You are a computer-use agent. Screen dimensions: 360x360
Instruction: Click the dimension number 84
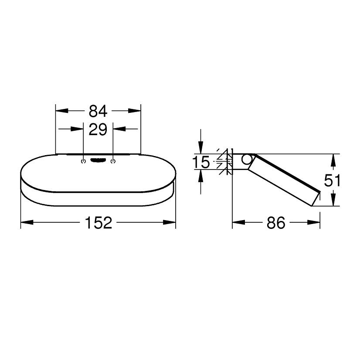98,112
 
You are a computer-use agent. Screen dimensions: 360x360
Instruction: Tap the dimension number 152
98,223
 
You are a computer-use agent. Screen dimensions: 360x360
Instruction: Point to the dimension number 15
201,163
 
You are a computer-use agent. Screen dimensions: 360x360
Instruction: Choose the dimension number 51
333,180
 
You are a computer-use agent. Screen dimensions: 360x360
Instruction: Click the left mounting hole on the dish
83,162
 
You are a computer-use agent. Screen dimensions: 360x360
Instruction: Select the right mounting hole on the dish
113,162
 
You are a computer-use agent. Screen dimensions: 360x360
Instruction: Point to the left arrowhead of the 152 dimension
26,223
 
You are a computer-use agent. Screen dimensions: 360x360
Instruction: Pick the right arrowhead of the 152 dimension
170,223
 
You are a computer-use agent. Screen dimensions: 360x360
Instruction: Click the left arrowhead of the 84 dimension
61,112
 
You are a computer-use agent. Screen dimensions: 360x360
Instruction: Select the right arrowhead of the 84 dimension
136,112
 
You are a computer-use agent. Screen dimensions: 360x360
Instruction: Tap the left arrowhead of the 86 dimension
238,223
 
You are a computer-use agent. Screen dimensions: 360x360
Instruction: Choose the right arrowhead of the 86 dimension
314,223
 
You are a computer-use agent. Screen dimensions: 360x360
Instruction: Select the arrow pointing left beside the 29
119,129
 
